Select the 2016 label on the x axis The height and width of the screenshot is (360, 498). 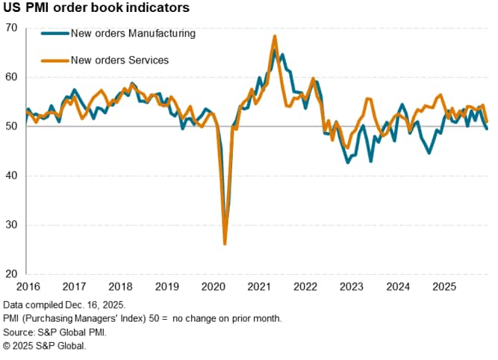coord(27,287)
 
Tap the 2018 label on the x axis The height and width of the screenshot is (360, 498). coord(119,287)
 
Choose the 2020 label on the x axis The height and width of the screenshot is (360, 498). coord(213,287)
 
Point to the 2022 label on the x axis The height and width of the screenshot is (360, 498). coord(305,287)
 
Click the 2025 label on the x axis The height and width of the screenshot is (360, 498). coord(445,287)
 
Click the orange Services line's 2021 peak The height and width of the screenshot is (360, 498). coord(275,36)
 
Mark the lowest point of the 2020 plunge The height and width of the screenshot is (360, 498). coord(225,243)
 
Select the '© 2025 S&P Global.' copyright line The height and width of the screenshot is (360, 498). coord(45,346)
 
